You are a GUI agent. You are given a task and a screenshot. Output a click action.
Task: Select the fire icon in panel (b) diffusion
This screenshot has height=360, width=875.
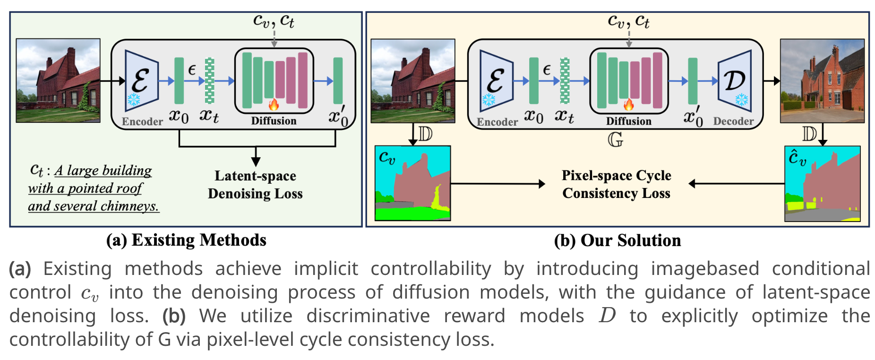628,104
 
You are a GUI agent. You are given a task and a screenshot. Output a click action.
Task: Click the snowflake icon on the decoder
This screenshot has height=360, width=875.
742,100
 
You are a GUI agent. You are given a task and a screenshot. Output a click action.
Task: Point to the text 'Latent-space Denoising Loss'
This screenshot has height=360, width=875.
255,185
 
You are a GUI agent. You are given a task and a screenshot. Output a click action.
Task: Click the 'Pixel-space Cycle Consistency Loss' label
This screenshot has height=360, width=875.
617,184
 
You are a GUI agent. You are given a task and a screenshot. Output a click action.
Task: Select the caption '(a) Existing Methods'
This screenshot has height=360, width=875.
186,240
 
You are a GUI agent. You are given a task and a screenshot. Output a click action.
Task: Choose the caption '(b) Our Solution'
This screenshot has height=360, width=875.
618,240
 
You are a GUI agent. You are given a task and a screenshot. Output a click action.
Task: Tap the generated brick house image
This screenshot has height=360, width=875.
822,81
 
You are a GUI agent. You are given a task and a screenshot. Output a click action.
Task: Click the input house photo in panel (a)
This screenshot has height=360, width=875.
58,81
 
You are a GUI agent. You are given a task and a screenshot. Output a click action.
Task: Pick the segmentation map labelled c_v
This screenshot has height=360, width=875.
412,183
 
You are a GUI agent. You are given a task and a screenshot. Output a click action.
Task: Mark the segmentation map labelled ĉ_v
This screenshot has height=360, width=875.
822,183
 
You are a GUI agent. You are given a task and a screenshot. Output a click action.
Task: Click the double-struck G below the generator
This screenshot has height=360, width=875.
615,139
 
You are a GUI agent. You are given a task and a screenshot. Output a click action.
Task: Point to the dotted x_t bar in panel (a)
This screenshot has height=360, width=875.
209,81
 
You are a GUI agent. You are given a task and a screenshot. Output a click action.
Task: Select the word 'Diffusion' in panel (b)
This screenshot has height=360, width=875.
628,121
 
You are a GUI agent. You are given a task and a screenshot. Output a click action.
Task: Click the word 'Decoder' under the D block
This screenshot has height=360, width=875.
733,121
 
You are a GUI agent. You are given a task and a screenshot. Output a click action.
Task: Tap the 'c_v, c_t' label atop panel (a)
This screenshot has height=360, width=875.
274,21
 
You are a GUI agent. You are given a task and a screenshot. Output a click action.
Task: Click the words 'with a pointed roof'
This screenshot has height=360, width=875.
85,189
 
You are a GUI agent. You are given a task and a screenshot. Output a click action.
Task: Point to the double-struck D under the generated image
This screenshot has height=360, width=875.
809,135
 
